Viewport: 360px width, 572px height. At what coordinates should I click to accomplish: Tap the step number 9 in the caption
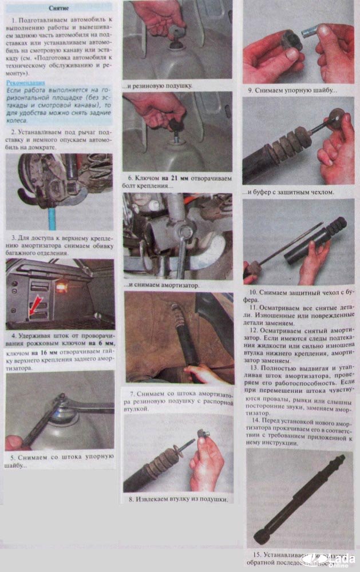pos(251,90)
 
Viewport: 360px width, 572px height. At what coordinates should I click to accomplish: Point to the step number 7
pos(132,394)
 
